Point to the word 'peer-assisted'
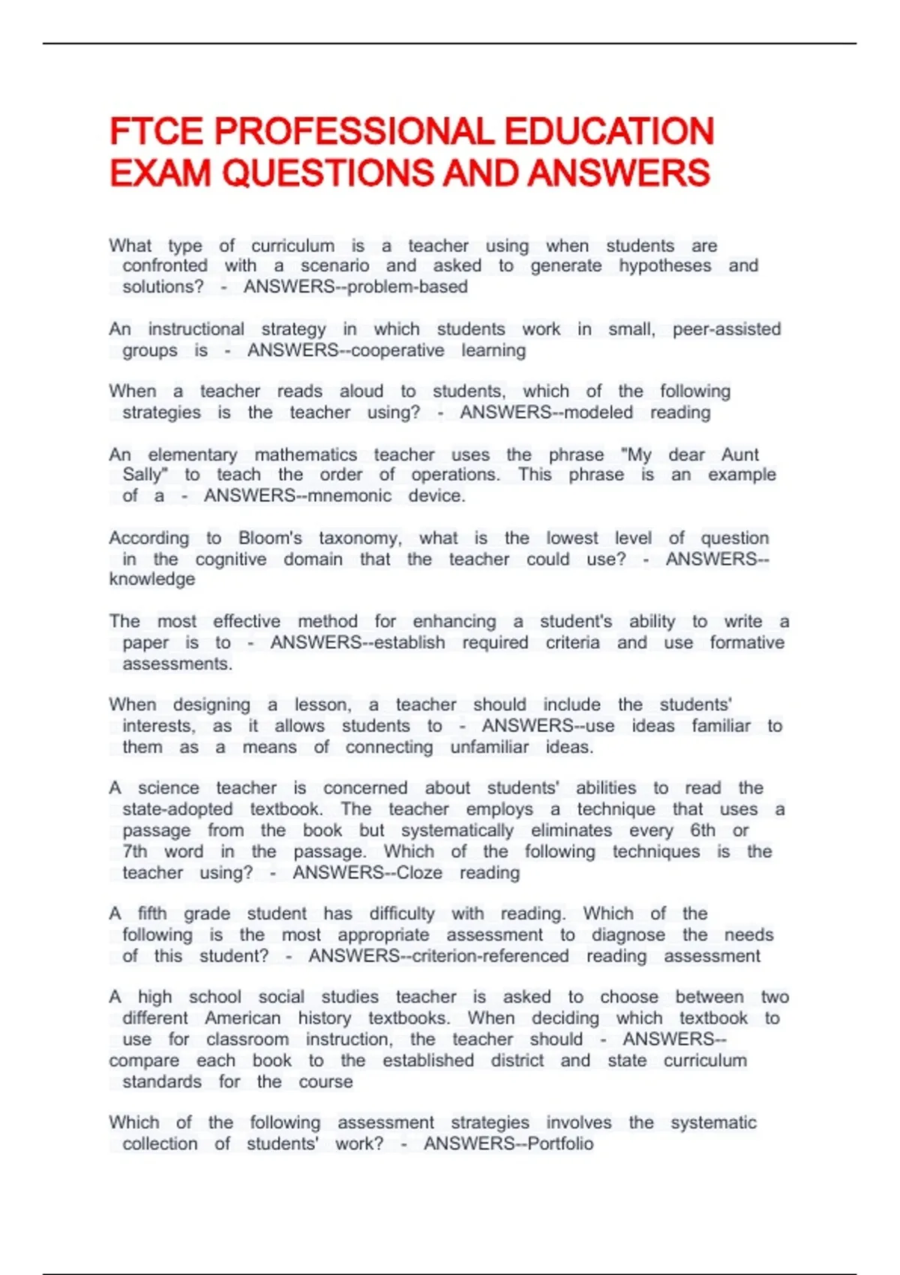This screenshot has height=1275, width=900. tap(726, 329)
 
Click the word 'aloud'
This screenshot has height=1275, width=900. tap(361, 391)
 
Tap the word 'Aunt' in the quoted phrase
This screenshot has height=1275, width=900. tap(739, 455)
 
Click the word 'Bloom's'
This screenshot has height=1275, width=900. tap(270, 538)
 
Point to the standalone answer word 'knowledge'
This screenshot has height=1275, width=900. tap(152, 579)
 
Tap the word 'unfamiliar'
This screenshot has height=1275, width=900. tap(489, 747)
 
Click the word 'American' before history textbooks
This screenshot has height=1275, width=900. tap(243, 1018)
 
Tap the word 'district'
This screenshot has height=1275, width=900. tap(517, 1060)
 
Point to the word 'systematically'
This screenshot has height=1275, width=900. tap(457, 831)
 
